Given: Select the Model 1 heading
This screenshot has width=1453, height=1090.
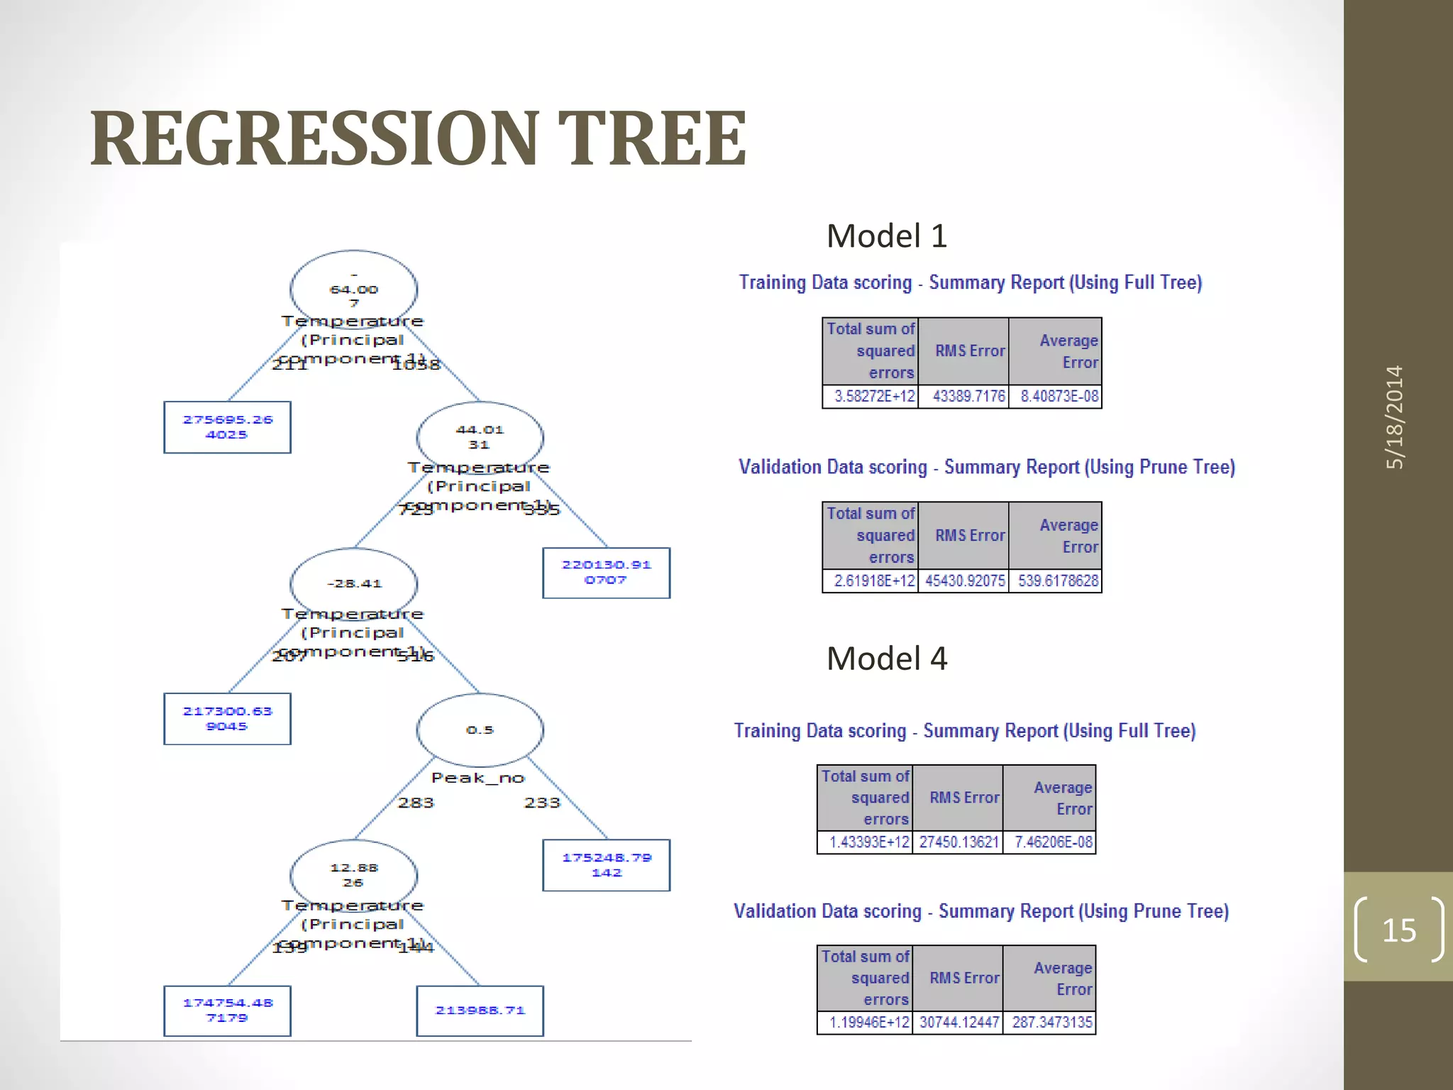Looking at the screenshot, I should coord(886,236).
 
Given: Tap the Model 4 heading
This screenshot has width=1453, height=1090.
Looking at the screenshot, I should coord(886,659).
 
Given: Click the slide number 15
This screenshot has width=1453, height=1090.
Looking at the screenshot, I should coord(1398,930).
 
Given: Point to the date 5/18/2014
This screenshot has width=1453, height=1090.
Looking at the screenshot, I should coord(1395,417).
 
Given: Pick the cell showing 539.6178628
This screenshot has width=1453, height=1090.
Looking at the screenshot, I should coord(1057,580).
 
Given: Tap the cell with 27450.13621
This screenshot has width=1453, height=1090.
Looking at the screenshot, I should coord(958,842).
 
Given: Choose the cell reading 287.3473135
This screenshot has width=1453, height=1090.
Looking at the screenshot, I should coord(1051,1023).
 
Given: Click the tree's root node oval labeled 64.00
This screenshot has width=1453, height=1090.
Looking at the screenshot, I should coord(353,290).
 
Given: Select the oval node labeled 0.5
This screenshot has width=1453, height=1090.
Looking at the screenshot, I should coord(480,730).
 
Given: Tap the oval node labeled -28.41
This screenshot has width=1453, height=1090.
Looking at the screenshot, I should coord(353,583).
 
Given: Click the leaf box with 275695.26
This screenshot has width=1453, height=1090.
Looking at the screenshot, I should coord(227,427).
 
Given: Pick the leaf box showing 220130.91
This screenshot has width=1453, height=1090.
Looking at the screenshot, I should coord(606,573).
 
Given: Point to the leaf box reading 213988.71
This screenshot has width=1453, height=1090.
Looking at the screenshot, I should coord(480,1011).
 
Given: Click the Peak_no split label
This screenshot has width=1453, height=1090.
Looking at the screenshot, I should coord(477,778).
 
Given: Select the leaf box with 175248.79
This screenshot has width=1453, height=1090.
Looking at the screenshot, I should coord(606,865).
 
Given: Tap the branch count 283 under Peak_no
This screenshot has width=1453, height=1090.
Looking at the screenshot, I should coord(416,803).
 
